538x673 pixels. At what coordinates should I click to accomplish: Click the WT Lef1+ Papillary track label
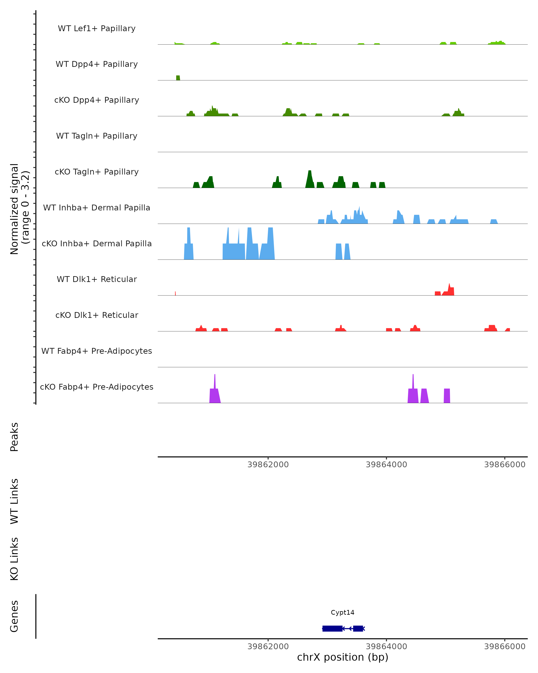click(x=97, y=28)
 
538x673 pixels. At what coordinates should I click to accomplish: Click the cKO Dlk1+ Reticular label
click(x=97, y=315)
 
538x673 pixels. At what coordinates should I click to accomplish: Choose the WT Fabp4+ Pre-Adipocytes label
click(x=97, y=351)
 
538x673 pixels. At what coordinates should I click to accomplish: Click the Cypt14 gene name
click(x=343, y=612)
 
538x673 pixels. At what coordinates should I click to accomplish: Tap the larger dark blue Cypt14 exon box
click(x=332, y=628)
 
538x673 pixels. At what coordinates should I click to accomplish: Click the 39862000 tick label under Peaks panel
click(x=268, y=465)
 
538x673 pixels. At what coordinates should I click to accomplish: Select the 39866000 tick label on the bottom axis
click(x=505, y=647)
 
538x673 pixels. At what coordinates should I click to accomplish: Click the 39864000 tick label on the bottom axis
click(x=386, y=647)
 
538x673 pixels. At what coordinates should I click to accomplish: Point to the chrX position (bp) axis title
click(x=343, y=657)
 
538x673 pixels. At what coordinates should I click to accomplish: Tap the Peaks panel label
click(x=14, y=437)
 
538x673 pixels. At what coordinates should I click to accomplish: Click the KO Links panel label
click(x=14, y=559)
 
